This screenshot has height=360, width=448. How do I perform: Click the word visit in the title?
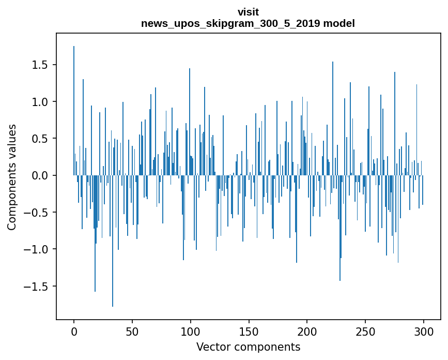[x=248, y=12]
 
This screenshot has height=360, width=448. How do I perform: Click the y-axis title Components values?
[x=12, y=177]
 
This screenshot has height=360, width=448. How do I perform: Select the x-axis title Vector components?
[x=248, y=347]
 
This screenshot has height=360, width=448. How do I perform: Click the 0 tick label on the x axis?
[x=74, y=331]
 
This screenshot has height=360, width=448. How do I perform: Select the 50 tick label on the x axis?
[x=132, y=331]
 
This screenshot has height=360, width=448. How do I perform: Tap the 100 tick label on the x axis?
[x=191, y=331]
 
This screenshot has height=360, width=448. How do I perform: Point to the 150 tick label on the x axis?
[x=249, y=331]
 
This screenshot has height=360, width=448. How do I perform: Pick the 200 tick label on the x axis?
[x=307, y=331]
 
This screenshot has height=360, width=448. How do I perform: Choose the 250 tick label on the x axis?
[x=365, y=331]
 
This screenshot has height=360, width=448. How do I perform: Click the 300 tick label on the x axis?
[x=424, y=331]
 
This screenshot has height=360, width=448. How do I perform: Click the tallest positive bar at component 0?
[x=74, y=111]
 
